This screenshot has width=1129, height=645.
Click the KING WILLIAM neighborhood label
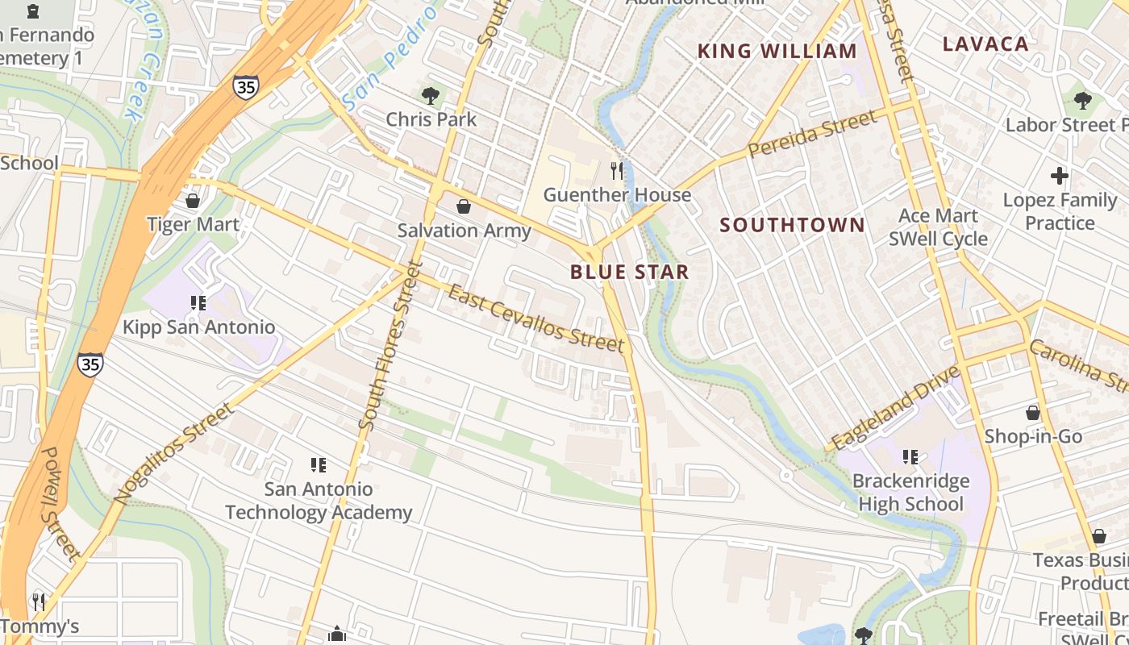[x=777, y=52]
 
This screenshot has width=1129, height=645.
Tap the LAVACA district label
[x=985, y=44]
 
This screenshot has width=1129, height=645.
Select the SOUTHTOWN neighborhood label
[x=792, y=225]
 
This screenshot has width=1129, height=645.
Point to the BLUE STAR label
[x=630, y=272]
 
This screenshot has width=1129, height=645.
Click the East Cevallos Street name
[x=536, y=319]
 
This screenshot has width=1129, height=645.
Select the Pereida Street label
[x=811, y=135]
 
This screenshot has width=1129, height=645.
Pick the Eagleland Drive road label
[x=896, y=408]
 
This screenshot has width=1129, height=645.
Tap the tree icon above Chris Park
[x=431, y=96]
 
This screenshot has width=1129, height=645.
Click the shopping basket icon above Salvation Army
[x=464, y=207]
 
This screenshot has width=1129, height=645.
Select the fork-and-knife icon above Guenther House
[x=618, y=170]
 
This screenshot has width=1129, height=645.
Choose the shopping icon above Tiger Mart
[x=193, y=201]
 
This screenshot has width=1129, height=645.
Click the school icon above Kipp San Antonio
[x=198, y=303]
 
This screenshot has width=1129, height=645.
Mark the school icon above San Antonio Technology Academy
[x=319, y=464]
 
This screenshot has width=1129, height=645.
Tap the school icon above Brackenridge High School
[x=910, y=457]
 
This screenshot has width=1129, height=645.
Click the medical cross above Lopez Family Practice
[x=1060, y=175]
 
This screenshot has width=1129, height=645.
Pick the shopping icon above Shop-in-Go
[x=1033, y=413]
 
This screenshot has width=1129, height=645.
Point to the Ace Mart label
[x=938, y=216]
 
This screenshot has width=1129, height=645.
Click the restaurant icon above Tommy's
[x=38, y=601]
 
